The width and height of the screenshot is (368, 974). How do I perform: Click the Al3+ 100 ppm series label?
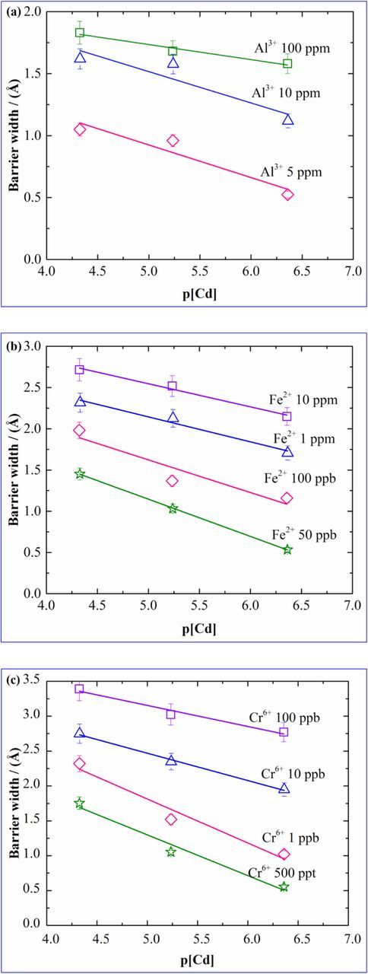[292, 47]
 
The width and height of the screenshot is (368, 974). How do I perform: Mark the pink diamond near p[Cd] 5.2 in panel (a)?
[173, 141]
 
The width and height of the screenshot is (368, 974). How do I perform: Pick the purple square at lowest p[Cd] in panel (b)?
[79, 370]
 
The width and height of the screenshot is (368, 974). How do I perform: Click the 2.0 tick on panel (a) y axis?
[33, 12]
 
